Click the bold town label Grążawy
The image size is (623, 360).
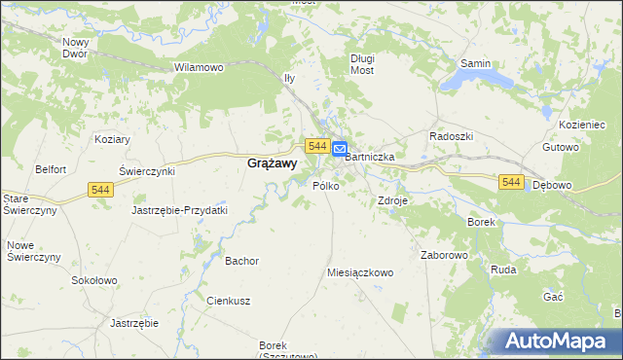(x=272, y=164)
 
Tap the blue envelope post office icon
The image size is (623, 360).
(x=339, y=150)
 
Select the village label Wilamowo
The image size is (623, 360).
(x=199, y=67)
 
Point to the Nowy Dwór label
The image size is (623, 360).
(x=75, y=48)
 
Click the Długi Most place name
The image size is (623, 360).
(x=362, y=63)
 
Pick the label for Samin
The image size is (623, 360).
(x=475, y=63)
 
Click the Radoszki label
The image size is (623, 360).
(x=451, y=136)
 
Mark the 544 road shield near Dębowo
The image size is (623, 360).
(x=512, y=182)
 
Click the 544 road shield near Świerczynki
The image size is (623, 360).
(x=100, y=191)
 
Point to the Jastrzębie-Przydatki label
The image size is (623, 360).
(x=179, y=209)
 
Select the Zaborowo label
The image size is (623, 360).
(x=445, y=255)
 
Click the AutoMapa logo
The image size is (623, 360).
(x=559, y=342)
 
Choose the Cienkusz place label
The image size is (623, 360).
(x=229, y=301)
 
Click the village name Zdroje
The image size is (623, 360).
(x=392, y=200)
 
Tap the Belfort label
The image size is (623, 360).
(x=50, y=168)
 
